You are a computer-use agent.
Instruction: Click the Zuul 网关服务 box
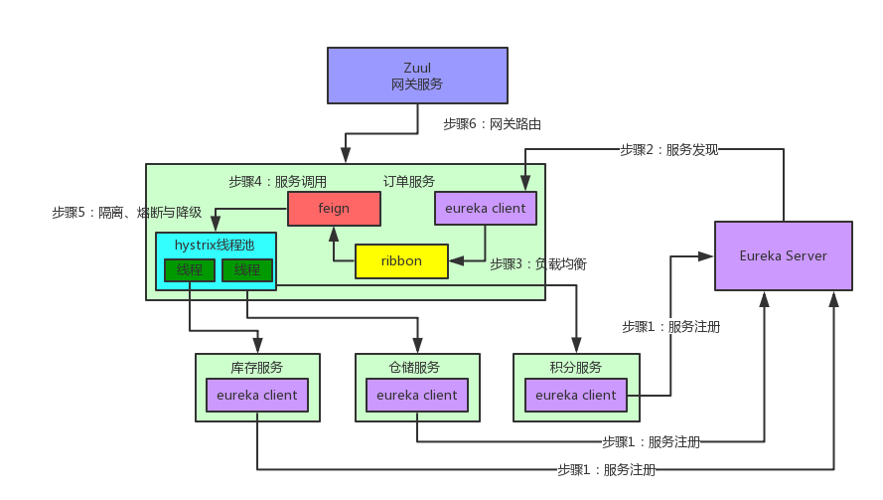[x=417, y=77]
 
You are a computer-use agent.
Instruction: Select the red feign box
[x=334, y=209]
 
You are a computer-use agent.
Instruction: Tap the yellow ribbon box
[x=401, y=261]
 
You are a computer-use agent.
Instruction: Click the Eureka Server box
[x=784, y=255]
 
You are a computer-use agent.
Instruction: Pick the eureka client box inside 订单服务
[x=486, y=209]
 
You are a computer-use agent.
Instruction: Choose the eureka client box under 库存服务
[x=257, y=395]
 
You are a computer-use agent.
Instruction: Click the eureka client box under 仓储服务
[x=417, y=395]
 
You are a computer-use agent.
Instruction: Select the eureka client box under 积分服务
[x=576, y=395]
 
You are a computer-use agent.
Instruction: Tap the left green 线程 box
[x=189, y=270]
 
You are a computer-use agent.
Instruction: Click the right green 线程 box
[x=247, y=270]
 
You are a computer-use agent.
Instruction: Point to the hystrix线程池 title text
[x=215, y=245]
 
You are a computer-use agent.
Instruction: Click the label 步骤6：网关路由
[x=492, y=124]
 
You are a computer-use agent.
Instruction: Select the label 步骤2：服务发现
[x=668, y=150]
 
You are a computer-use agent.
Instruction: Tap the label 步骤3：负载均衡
[x=537, y=264]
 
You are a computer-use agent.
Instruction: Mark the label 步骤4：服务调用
[x=277, y=182]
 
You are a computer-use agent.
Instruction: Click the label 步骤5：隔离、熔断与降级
[x=127, y=213]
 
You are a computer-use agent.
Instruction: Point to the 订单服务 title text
[x=409, y=182]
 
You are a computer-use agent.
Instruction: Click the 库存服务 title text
[x=257, y=367]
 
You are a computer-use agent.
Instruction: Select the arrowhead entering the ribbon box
[x=455, y=261]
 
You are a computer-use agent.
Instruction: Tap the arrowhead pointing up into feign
[x=334, y=233]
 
